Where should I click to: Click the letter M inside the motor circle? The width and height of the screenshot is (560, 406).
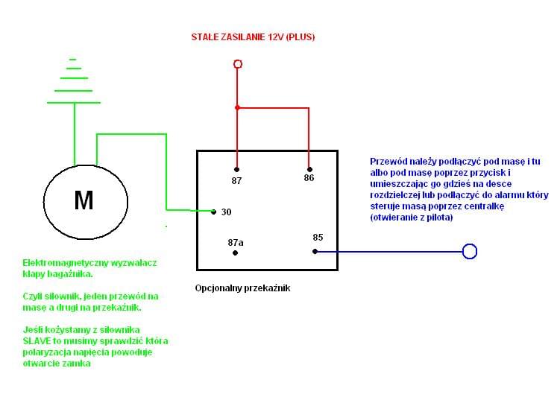(x=84, y=200)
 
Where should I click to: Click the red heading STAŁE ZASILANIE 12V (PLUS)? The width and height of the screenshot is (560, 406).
(x=253, y=37)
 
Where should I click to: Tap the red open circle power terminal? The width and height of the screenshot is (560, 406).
(x=238, y=64)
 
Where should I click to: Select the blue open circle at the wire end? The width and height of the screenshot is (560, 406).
(x=470, y=251)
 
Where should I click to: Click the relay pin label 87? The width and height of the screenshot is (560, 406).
(x=236, y=181)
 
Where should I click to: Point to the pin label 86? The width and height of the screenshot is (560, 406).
(x=309, y=179)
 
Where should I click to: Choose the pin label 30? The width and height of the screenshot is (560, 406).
(x=227, y=212)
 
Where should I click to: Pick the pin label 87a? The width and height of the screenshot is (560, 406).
(x=236, y=242)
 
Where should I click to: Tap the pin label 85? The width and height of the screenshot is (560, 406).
(x=318, y=238)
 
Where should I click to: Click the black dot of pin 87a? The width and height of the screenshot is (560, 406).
(x=236, y=253)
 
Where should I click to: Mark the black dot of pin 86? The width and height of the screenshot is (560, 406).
(x=309, y=169)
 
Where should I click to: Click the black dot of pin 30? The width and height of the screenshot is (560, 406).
(x=213, y=212)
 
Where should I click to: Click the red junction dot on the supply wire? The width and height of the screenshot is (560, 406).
(x=238, y=108)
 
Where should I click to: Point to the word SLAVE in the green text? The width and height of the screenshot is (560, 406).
(x=37, y=341)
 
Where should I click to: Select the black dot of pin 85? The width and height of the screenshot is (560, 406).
(x=315, y=251)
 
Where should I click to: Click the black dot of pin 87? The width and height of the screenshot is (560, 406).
(x=236, y=169)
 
